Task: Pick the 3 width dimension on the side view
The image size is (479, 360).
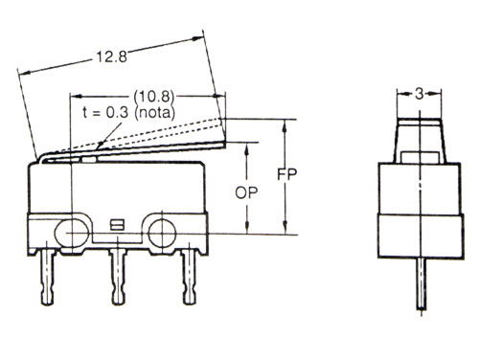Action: (420, 93)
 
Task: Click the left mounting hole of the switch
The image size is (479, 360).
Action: (73, 231)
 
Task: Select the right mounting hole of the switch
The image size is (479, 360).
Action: (159, 231)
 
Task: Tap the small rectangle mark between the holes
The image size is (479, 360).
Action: (117, 226)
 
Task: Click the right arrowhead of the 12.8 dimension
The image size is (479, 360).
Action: (201, 37)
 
